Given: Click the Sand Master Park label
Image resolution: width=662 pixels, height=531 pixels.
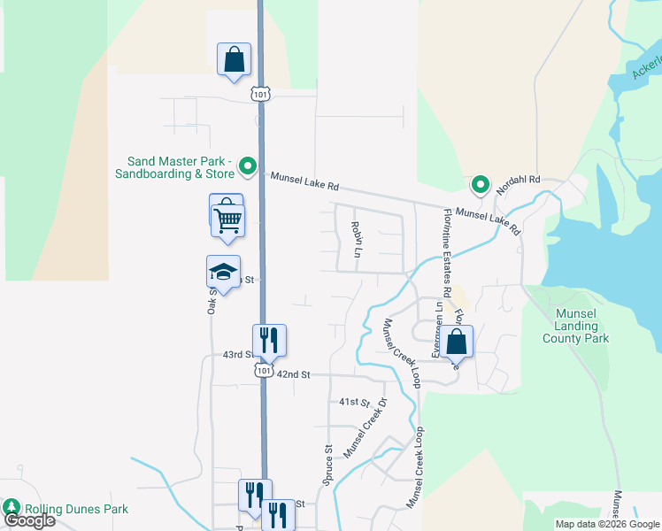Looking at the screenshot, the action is coord(179,167).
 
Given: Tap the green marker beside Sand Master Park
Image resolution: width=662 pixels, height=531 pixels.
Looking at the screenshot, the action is coord(249,165).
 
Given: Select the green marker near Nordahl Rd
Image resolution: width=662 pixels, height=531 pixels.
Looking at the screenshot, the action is coord(480,184).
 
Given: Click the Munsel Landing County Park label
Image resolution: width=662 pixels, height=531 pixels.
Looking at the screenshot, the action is coord(575,326).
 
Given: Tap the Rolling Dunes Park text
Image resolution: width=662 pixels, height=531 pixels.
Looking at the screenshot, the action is coord(76,509).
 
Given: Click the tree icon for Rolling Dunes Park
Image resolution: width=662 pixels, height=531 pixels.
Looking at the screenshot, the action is coord(12,507).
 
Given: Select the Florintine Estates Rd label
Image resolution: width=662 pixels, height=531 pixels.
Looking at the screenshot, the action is coord(448,250).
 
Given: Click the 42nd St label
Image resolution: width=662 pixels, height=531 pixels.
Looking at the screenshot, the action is coord(293,374).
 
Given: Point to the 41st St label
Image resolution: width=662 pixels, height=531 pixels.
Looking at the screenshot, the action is coord(353,402).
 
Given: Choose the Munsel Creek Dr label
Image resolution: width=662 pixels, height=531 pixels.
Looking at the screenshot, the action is coord(365,427).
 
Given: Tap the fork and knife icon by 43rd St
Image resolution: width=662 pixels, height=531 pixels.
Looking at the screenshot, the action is coord(269,339).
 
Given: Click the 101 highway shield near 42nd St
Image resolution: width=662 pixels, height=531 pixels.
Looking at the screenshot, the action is coord(264,372).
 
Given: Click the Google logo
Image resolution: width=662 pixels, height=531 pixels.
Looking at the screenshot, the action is coord(29,520).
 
